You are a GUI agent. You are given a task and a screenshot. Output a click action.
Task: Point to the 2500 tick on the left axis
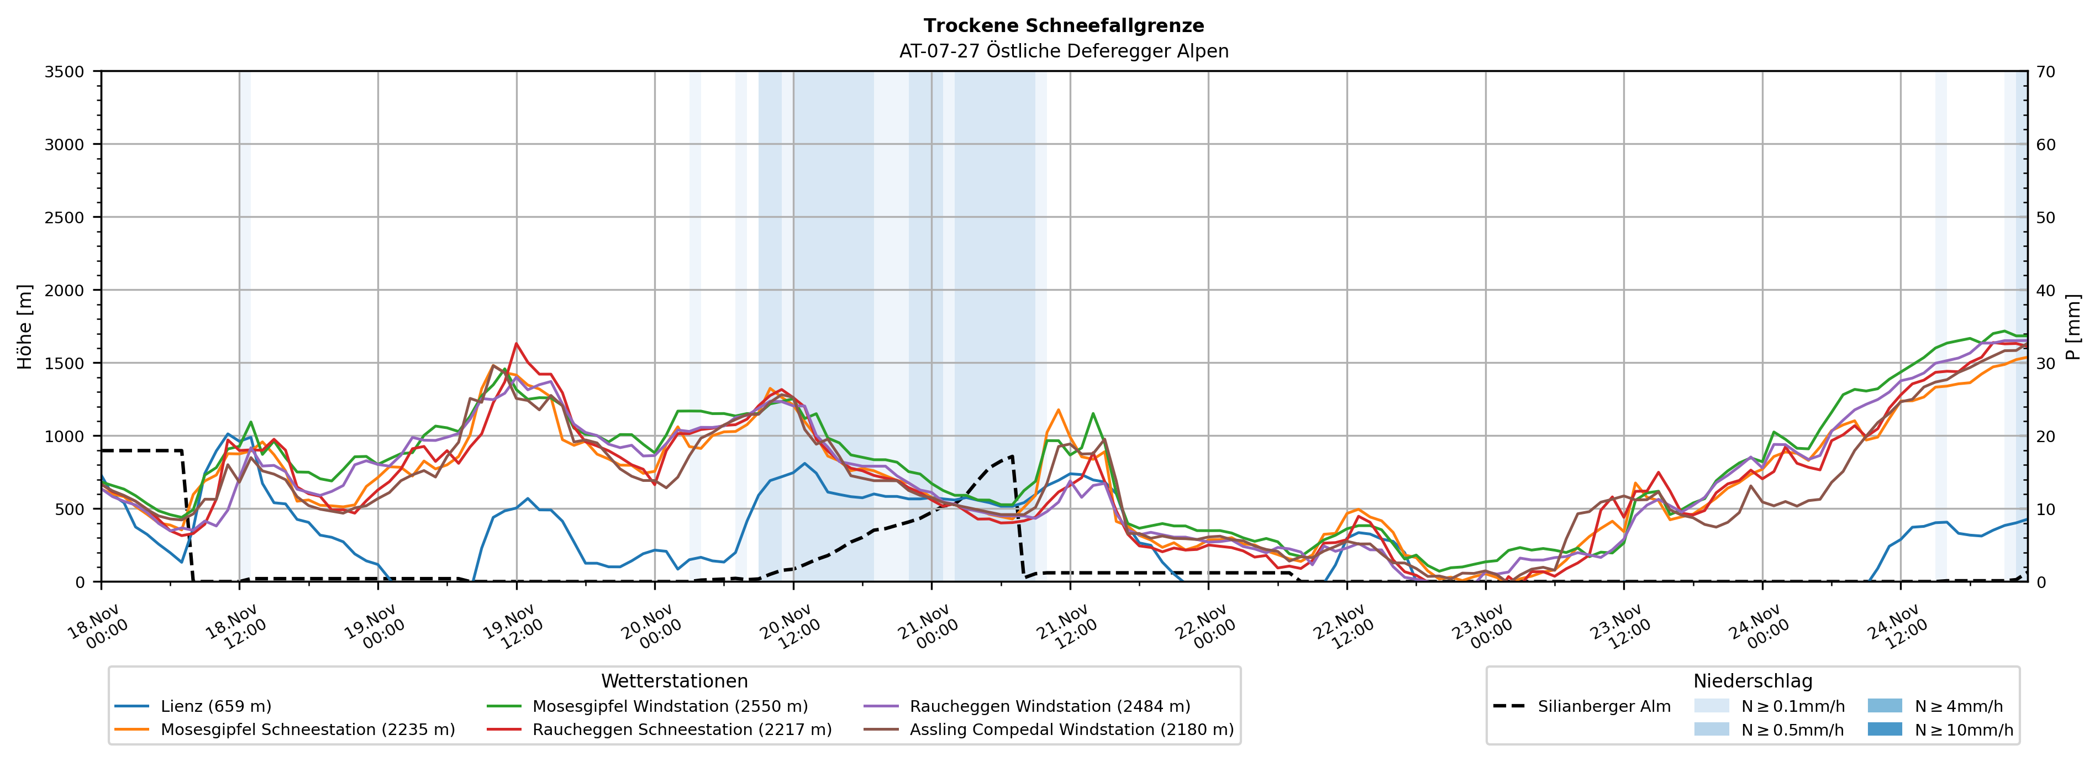(65, 218)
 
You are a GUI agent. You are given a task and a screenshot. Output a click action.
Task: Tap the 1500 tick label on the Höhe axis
(65, 364)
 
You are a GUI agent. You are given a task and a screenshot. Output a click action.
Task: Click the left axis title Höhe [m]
(25, 326)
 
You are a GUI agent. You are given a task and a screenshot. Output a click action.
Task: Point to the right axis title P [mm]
(2073, 326)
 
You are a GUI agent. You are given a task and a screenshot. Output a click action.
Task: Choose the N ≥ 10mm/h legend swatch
(1885, 729)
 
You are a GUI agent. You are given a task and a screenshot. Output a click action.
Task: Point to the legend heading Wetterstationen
(674, 681)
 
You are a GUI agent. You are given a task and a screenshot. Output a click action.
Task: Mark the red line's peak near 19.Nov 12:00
(516, 343)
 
